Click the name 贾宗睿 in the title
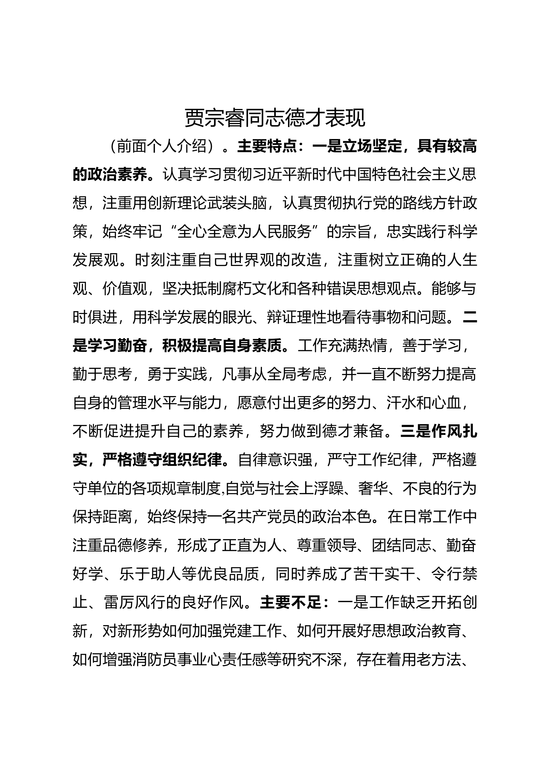[x=215, y=119]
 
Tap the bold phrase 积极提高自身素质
[x=222, y=346]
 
